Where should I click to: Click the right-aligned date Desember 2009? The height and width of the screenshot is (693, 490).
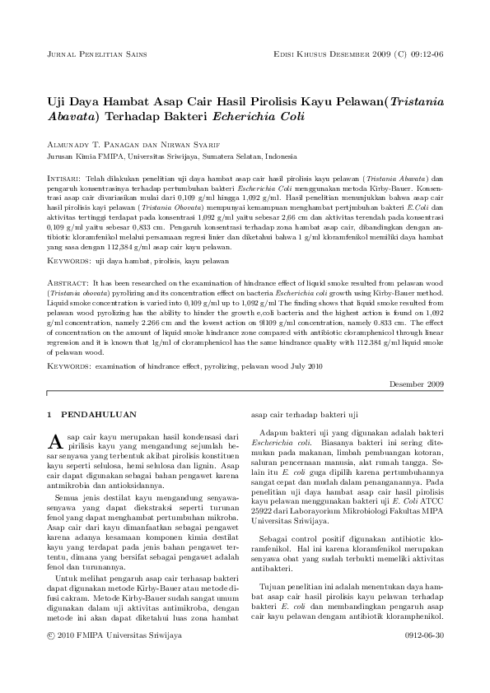click(x=416, y=384)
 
